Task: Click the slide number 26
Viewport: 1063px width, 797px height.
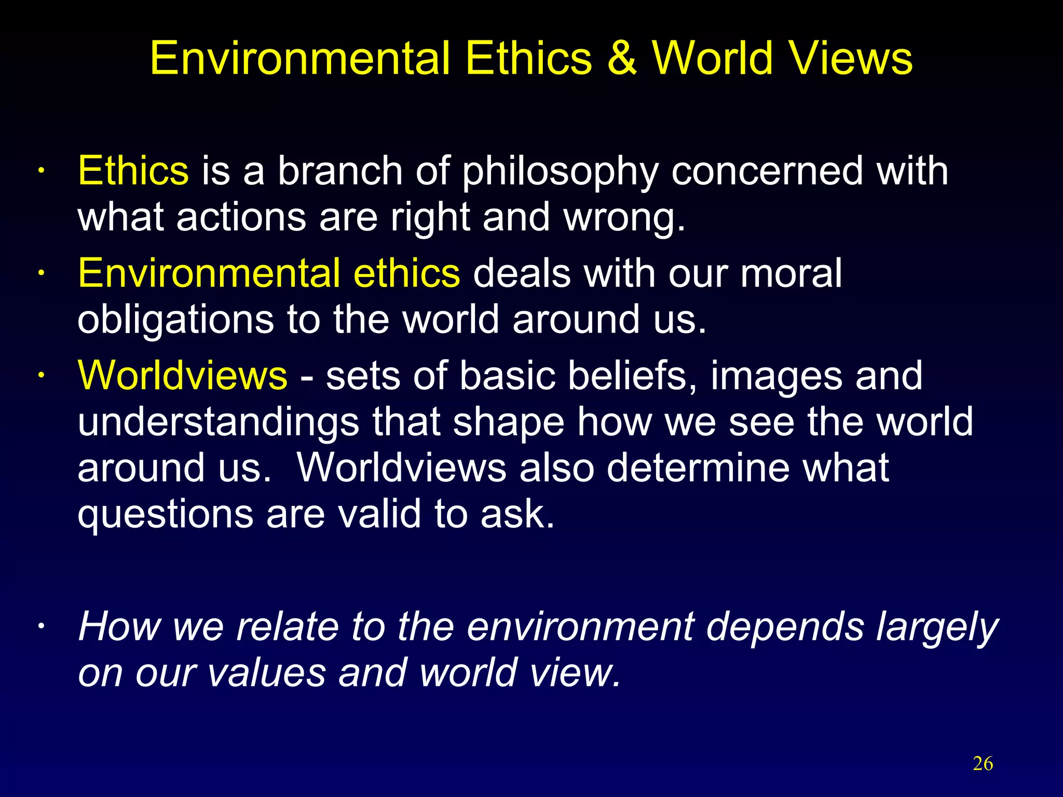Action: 983,764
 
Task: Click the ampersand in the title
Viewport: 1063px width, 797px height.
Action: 621,58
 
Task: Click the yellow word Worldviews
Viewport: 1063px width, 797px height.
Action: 182,375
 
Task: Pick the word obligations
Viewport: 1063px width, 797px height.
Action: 175,320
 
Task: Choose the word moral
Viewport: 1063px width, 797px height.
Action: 791,273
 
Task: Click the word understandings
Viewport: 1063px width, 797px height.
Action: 218,422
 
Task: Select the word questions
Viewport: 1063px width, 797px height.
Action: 165,515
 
